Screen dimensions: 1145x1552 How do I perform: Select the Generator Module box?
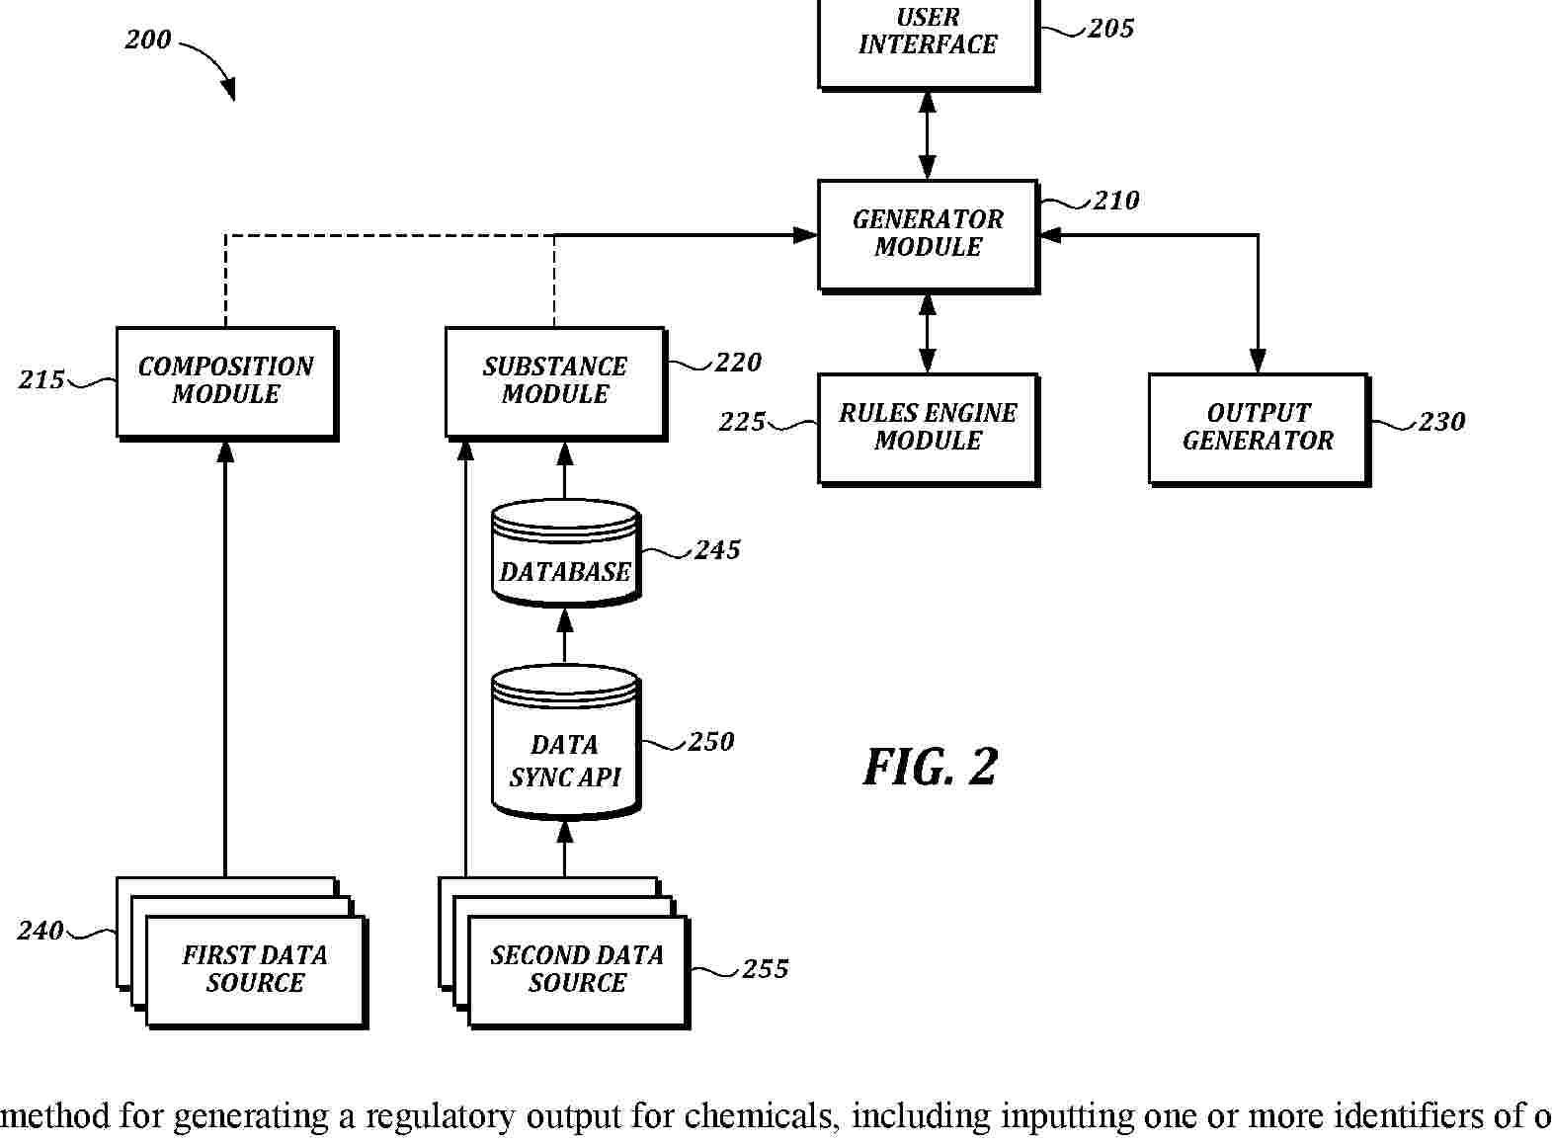(x=928, y=234)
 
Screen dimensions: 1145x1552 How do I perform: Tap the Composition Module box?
(x=226, y=381)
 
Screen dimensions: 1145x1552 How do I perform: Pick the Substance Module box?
(x=555, y=381)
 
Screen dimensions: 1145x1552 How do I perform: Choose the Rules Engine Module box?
(x=928, y=427)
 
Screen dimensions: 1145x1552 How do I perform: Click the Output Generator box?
(x=1258, y=427)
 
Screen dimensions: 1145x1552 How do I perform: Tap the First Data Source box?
(x=256, y=970)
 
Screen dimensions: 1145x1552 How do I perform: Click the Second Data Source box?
(x=578, y=970)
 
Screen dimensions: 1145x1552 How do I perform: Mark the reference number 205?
(x=1111, y=29)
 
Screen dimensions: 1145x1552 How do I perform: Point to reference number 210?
(x=1116, y=201)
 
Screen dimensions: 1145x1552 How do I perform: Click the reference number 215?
(x=41, y=380)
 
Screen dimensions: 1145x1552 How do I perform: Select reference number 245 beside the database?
(x=717, y=550)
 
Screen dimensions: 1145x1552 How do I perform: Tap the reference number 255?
(x=766, y=969)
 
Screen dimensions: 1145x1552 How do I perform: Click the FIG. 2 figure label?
(x=931, y=768)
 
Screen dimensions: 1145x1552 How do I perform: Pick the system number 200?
(x=148, y=41)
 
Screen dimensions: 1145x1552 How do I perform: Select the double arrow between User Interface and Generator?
(x=928, y=135)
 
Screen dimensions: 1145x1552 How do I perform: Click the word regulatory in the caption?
(x=444, y=1116)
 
